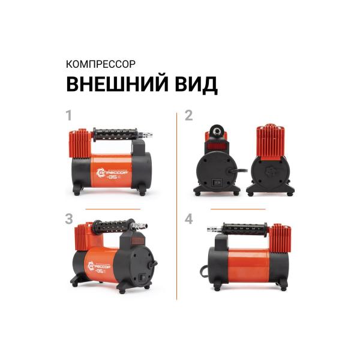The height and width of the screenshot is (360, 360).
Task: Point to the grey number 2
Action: pos(188,115)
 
